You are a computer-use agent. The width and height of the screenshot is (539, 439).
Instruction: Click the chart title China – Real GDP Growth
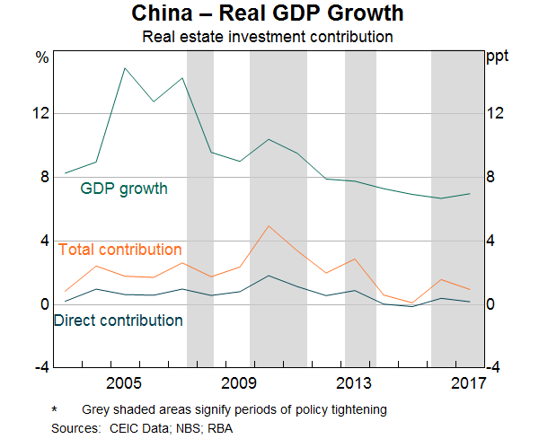pyautogui.click(x=269, y=14)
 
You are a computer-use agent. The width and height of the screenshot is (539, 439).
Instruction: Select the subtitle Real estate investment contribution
pyautogui.click(x=269, y=38)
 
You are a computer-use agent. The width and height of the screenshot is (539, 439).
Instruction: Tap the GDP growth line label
pyautogui.click(x=124, y=189)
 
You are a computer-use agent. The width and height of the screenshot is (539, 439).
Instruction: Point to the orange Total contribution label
pyautogui.click(x=119, y=250)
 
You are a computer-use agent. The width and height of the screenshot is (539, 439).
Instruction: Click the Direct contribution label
pyautogui.click(x=119, y=320)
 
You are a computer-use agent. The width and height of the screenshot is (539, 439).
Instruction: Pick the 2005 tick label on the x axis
pyautogui.click(x=123, y=384)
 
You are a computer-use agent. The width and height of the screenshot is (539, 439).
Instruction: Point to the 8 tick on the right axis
pyautogui.click(x=492, y=177)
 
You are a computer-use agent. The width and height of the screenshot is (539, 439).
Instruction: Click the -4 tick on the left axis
pyautogui.click(x=40, y=367)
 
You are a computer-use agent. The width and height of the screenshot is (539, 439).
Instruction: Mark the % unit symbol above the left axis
pyautogui.click(x=41, y=58)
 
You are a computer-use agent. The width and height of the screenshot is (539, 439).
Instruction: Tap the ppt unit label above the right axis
pyautogui.click(x=497, y=58)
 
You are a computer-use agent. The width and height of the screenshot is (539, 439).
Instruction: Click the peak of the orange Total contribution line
pyautogui.click(x=269, y=225)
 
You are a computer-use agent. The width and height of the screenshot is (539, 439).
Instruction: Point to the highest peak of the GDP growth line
pyautogui.click(x=124, y=68)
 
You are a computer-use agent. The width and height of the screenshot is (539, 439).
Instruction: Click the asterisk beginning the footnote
pyautogui.click(x=56, y=409)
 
